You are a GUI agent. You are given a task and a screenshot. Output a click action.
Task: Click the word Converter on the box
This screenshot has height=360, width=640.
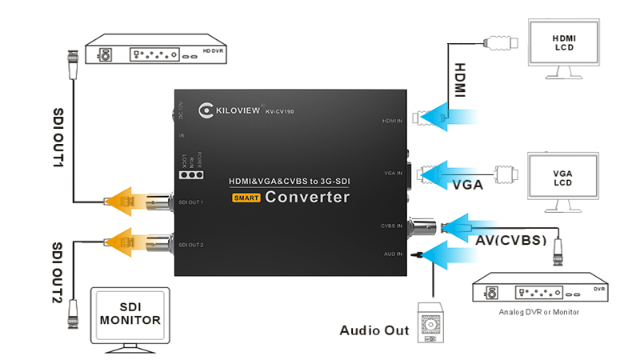(307, 197)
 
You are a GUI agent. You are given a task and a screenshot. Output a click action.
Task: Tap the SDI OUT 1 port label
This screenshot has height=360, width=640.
(191, 202)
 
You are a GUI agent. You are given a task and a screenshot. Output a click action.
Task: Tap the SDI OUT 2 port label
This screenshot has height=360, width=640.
(191, 244)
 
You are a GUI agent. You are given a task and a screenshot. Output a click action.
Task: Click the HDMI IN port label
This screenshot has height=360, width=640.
(392, 121)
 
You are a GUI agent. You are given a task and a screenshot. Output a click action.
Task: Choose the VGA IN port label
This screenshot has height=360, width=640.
(393, 173)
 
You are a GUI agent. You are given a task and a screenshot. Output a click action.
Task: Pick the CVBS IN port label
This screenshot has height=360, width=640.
(392, 226)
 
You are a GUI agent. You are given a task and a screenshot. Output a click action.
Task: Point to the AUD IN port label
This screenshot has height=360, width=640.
(393, 254)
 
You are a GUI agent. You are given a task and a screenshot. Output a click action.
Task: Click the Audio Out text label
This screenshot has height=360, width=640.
(374, 330)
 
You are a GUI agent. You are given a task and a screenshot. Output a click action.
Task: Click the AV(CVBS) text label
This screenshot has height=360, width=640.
(511, 240)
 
